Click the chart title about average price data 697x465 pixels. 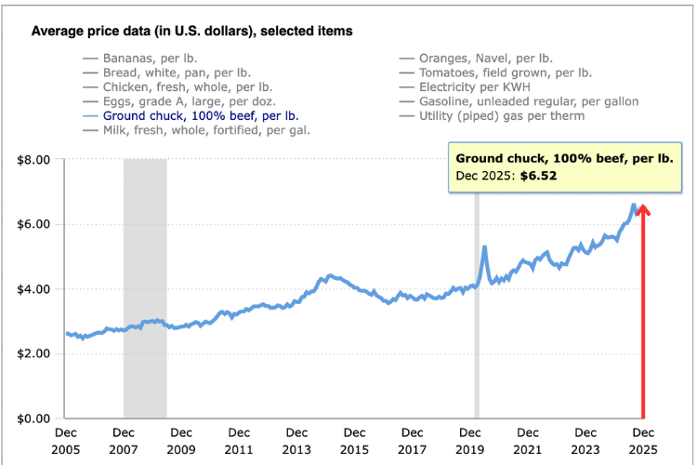pyautogui.click(x=191, y=32)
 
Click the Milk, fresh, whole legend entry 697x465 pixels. pyautogui.click(x=205, y=131)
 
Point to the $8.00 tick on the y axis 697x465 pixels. pyautogui.click(x=35, y=160)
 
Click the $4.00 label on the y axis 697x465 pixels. pyautogui.click(x=35, y=289)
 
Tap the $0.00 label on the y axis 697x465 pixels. pyautogui.click(x=35, y=418)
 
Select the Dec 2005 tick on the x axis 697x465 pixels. pyautogui.click(x=66, y=440)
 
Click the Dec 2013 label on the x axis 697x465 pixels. pyautogui.click(x=296, y=440)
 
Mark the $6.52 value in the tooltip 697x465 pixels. pyautogui.click(x=538, y=175)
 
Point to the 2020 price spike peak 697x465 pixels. pyautogui.click(x=484, y=247)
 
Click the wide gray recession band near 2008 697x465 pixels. pyautogui.click(x=145, y=288)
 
